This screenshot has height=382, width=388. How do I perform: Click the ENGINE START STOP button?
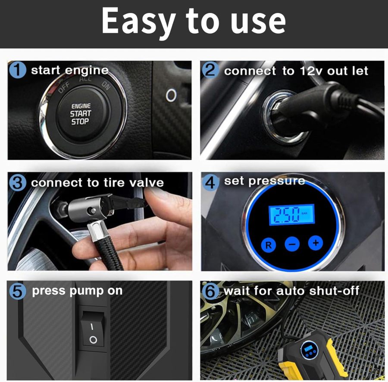pos(81,114)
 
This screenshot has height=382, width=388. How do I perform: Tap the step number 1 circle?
pos(18,70)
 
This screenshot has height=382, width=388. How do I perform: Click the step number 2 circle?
pos(210,70)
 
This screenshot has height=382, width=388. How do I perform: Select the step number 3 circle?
pos(18,183)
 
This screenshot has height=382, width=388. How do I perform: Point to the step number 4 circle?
pos(210,182)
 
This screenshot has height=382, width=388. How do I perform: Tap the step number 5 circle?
pos(18,291)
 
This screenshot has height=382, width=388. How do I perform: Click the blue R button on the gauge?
pos(268,245)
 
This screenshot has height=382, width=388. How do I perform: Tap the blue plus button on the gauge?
pos(315,243)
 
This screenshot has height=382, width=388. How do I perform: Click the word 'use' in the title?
pos(261,22)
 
